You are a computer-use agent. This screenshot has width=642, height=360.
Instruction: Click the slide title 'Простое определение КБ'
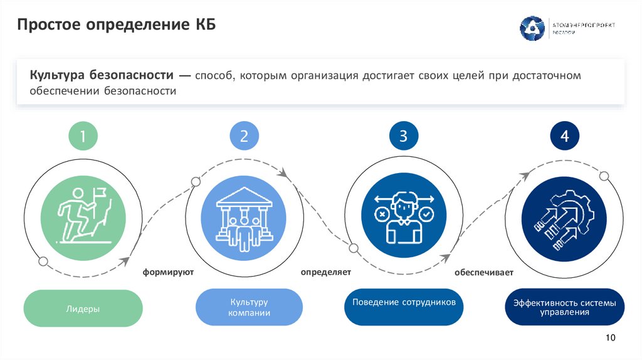(x=116, y=26)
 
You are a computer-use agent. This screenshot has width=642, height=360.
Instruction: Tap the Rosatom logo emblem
(x=532, y=28)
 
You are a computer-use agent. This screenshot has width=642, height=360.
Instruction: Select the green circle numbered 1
(x=83, y=136)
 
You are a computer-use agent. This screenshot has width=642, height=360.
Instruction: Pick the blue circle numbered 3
(x=403, y=136)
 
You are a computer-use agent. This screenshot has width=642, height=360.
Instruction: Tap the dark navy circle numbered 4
(x=564, y=136)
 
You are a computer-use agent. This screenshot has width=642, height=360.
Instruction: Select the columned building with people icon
(x=243, y=216)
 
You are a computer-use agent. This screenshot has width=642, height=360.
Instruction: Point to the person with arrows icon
(x=404, y=216)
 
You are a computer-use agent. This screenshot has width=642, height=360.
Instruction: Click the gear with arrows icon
(x=564, y=216)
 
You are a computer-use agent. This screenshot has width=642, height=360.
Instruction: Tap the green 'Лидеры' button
(x=83, y=309)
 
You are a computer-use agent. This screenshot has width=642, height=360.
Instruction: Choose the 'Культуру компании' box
(x=250, y=307)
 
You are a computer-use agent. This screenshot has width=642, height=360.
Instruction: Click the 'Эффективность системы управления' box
(x=564, y=307)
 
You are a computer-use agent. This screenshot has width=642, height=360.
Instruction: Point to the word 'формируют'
(x=168, y=273)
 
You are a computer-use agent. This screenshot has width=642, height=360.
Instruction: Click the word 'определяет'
(x=325, y=273)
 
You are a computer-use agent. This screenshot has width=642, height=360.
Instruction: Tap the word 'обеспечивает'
(x=484, y=273)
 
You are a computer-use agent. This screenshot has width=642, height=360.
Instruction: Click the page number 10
(x=611, y=339)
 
